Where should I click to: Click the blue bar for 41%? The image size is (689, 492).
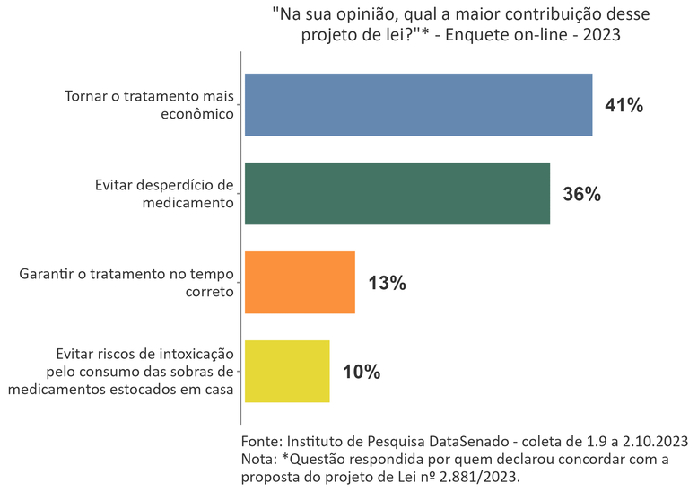coord(418,105)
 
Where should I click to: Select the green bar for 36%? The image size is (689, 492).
coord(397,194)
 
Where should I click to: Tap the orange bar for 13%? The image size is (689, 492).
coord(300,283)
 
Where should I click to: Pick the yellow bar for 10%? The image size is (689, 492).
coord(287,372)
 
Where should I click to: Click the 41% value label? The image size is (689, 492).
coord(624,105)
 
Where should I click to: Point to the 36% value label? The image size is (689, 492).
coord(581,194)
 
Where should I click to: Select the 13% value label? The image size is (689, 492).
coord(388,283)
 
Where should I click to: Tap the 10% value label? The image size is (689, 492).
coord(362,372)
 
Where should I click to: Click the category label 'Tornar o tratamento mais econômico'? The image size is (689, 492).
coord(149,105)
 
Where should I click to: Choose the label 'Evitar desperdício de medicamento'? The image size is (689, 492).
coord(163,194)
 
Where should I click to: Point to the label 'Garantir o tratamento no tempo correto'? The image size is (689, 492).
coord(126,283)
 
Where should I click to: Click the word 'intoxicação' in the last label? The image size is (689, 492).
coord(192,355)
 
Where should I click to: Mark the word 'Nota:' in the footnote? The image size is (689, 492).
coord(261,459)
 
